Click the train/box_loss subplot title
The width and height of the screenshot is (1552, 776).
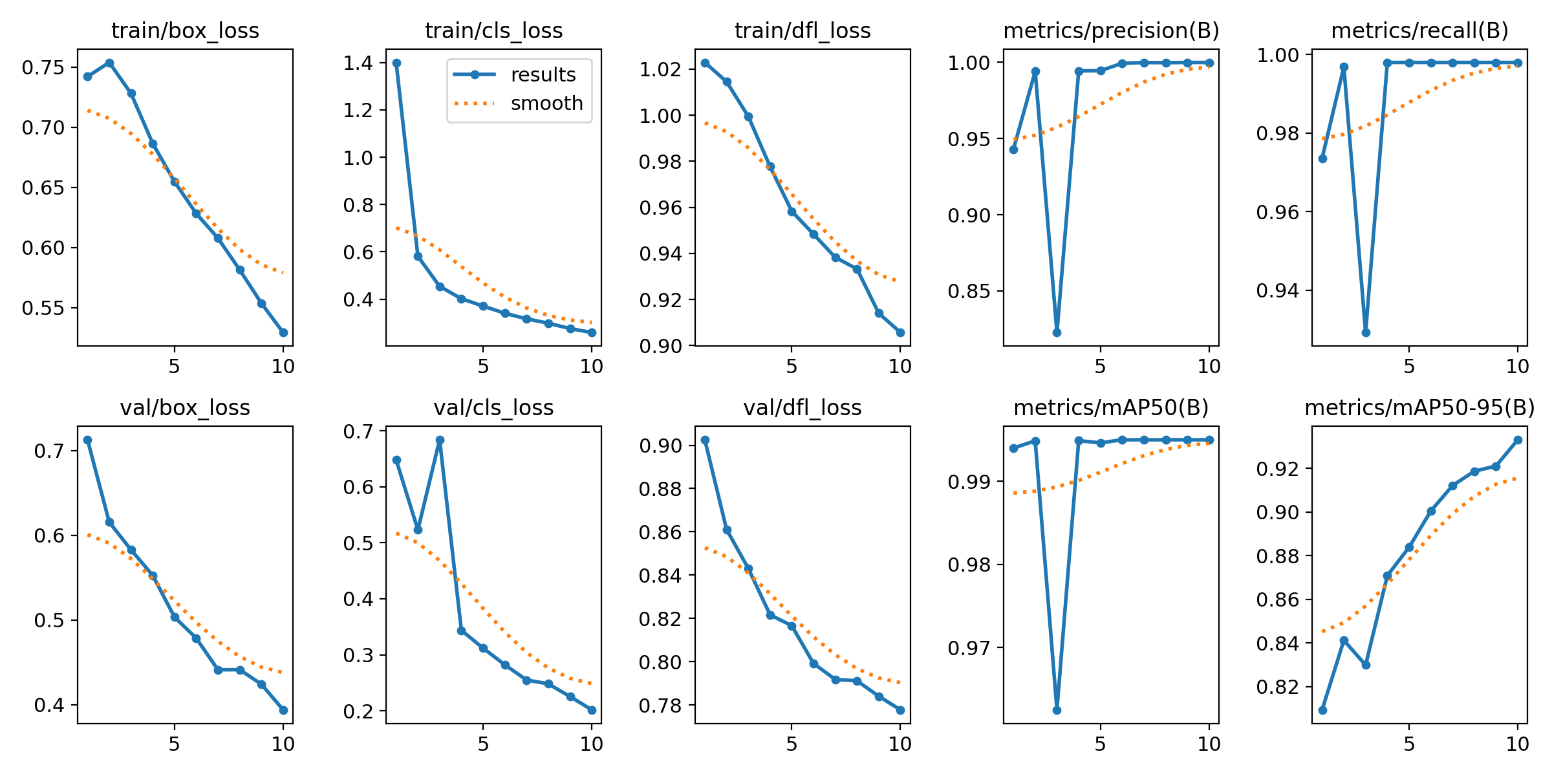[x=185, y=30]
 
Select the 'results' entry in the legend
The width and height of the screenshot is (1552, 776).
[x=543, y=75]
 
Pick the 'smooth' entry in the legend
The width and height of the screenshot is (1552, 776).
[x=546, y=103]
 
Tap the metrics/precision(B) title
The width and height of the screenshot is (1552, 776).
[x=1111, y=30]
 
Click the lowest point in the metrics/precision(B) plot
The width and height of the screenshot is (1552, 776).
[x=1057, y=332]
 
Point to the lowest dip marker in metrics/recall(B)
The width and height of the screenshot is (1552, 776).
[x=1366, y=332]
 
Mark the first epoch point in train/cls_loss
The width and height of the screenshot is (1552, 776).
[x=396, y=63]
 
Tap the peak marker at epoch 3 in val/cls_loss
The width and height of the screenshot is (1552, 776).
[x=440, y=440]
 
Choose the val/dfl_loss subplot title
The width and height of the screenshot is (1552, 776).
[x=802, y=408]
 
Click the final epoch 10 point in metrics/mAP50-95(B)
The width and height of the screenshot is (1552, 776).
[x=1518, y=440]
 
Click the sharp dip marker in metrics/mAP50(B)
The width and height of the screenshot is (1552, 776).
[x=1057, y=710]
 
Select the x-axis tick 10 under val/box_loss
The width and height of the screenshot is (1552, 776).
[x=283, y=744]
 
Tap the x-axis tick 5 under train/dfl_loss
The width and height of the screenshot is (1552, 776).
[x=792, y=367]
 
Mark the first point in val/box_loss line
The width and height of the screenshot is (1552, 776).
[x=87, y=440]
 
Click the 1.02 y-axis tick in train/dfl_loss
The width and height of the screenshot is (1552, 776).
[x=661, y=70]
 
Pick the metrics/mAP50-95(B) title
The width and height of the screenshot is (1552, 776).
[x=1419, y=408]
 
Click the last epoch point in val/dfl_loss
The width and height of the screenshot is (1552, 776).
[x=900, y=710]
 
